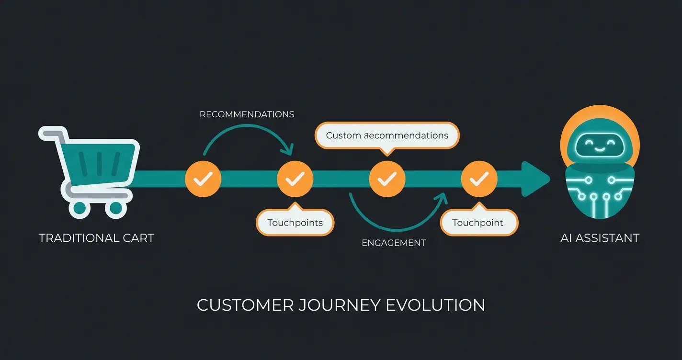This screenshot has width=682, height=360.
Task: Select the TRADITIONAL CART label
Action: pyautogui.click(x=96, y=238)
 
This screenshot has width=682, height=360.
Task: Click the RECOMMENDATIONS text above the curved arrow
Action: pyautogui.click(x=247, y=114)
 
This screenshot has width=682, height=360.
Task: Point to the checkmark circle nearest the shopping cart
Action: pyautogui.click(x=203, y=180)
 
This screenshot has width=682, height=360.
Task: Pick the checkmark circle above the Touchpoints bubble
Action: pyautogui.click(x=295, y=180)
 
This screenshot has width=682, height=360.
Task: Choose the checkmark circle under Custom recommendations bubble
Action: pyautogui.click(x=387, y=180)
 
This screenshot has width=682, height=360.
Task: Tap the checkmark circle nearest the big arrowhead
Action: pyautogui.click(x=478, y=180)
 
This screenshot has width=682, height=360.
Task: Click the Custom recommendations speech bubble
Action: pyautogui.click(x=387, y=135)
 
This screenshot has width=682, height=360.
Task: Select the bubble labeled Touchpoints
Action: pyautogui.click(x=295, y=223)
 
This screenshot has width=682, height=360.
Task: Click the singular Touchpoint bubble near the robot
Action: pyautogui.click(x=478, y=223)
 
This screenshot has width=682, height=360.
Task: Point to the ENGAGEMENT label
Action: pyautogui.click(x=393, y=243)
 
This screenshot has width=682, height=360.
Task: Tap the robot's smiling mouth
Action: pyautogui.click(x=600, y=149)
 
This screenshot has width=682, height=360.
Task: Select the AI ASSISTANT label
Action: pyautogui.click(x=600, y=238)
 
